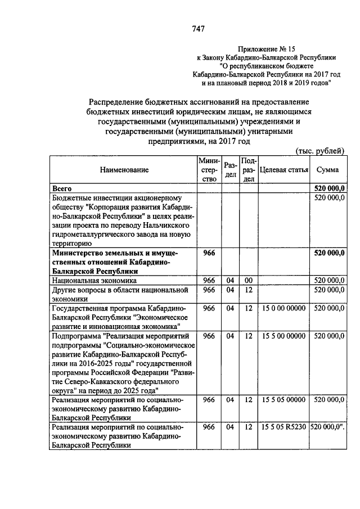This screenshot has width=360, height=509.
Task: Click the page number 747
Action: [197, 29]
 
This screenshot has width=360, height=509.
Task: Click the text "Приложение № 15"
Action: [266, 49]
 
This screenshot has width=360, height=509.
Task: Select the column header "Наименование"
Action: [124, 170]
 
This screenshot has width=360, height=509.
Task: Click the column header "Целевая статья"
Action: [283, 170]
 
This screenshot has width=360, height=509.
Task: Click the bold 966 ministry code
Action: [209, 253]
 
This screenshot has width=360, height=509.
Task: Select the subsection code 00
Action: [248, 280]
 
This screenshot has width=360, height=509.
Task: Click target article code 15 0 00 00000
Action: [283, 308]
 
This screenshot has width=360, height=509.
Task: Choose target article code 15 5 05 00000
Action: [283, 399]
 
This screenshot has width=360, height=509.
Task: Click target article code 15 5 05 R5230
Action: [283, 427]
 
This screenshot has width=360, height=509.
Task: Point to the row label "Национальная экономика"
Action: [94, 280]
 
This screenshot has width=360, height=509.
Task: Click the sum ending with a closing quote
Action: [327, 427]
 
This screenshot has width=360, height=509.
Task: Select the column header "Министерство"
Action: [209, 170]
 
